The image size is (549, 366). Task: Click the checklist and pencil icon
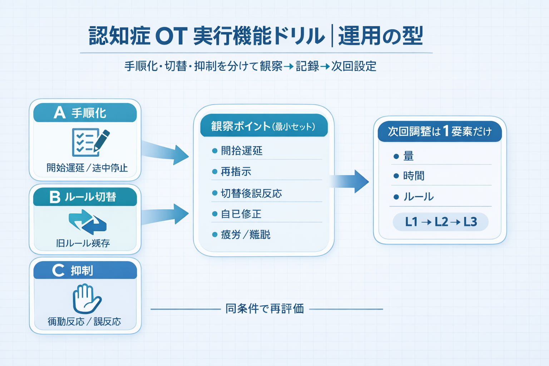click(x=90, y=142)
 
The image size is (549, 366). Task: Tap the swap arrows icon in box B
click(x=87, y=222)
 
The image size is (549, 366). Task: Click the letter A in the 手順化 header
click(x=60, y=113)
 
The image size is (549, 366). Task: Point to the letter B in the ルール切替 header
click(x=55, y=197)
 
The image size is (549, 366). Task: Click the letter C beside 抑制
click(x=58, y=271)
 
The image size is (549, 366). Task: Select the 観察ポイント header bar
click(x=263, y=126)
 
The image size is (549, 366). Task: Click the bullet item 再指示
click(x=236, y=172)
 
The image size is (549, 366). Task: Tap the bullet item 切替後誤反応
click(x=251, y=193)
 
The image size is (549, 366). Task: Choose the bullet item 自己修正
click(x=241, y=214)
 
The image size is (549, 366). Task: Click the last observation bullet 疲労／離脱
click(x=245, y=235)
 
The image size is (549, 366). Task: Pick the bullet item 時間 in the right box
click(x=414, y=176)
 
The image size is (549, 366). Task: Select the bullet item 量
click(x=408, y=156)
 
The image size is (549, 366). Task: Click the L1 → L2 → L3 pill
click(x=441, y=222)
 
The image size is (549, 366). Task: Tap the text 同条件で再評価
click(x=264, y=309)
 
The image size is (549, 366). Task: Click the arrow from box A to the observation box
click(x=166, y=153)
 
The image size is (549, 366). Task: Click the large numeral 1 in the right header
click(x=446, y=131)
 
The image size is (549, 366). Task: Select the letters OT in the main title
click(x=171, y=36)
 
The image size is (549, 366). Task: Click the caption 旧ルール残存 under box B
click(x=83, y=243)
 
